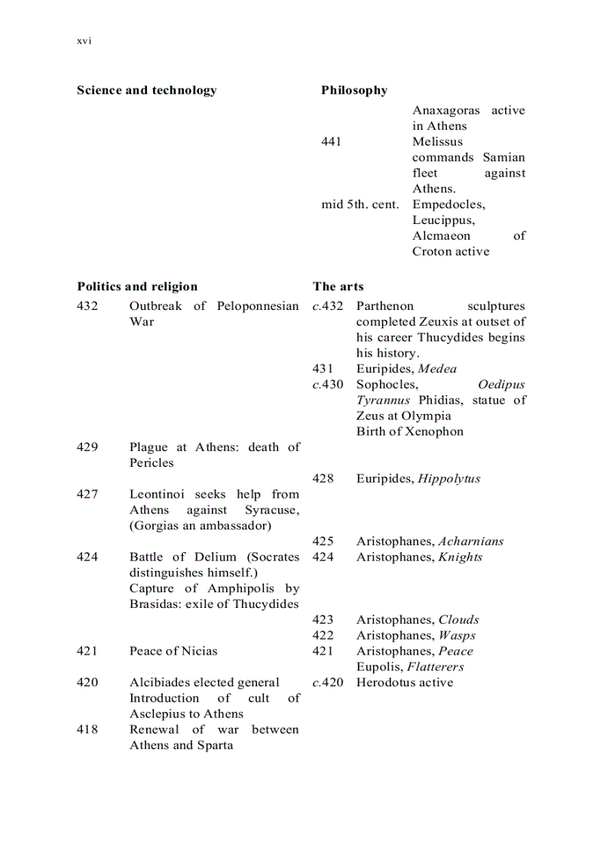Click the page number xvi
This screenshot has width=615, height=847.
(84, 41)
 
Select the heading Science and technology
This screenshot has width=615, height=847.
(146, 91)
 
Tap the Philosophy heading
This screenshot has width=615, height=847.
(354, 91)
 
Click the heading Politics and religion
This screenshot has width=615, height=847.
(137, 287)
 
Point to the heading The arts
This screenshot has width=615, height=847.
(338, 287)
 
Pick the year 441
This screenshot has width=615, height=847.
(331, 142)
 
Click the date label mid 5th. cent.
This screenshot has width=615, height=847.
(360, 204)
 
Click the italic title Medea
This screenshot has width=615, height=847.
(437, 369)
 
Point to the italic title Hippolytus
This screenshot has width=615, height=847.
(449, 479)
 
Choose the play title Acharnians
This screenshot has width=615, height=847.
(471, 542)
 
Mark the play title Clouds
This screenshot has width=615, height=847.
(459, 620)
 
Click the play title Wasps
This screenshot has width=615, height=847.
(457, 636)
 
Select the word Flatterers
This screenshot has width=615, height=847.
(436, 667)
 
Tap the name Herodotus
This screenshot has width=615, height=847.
(385, 683)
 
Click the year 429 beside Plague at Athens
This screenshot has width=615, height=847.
(87, 447)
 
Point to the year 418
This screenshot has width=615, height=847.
(87, 729)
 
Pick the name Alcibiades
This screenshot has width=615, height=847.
(160, 683)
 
